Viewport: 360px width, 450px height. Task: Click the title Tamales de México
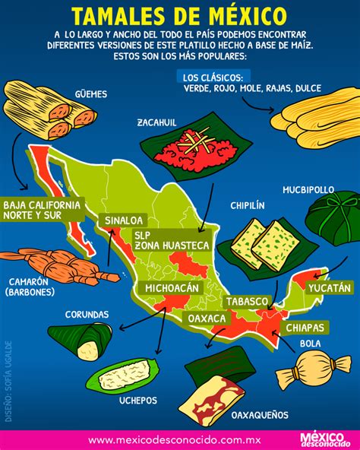coord(179,15)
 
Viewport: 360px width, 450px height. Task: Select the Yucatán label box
coord(330,288)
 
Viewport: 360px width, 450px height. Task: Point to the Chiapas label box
coord(305,328)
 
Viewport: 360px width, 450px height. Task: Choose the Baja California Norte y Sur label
coord(42,211)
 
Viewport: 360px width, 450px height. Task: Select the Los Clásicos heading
coord(213,77)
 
